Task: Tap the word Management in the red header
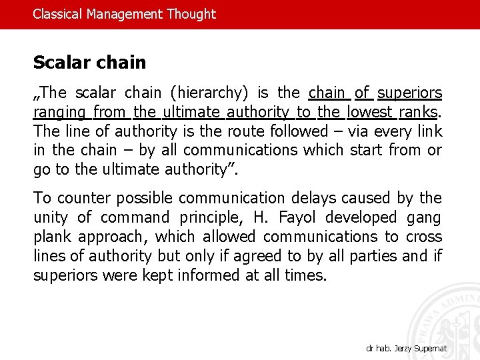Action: pos(123,14)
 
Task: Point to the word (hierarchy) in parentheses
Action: pos(209,93)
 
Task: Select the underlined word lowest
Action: pos(370,112)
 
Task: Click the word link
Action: pos(429,131)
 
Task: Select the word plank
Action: pos(52,237)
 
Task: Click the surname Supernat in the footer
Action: pos(429,349)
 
